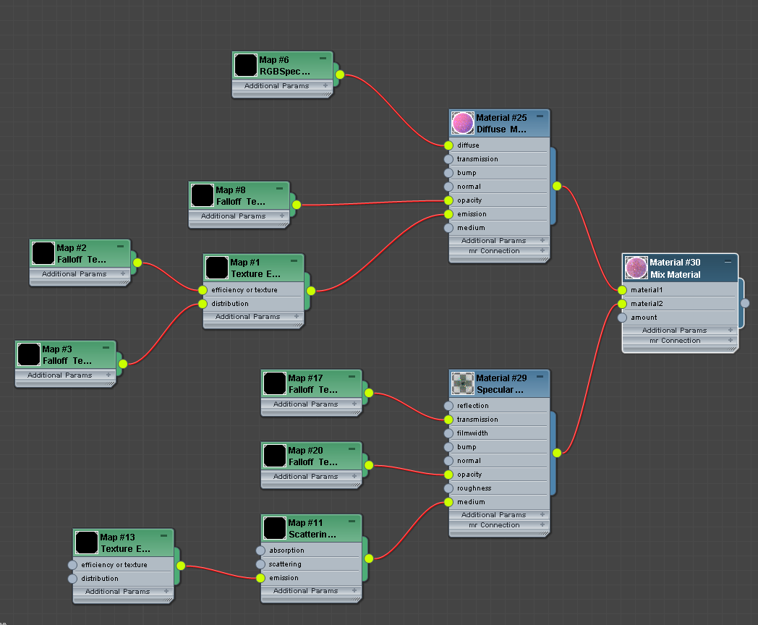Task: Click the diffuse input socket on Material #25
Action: click(448, 145)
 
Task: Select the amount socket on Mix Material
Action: click(622, 318)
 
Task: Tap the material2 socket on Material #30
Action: click(622, 304)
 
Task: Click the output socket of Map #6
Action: click(340, 75)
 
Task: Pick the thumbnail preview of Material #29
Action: click(463, 383)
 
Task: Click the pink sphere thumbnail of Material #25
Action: click(463, 123)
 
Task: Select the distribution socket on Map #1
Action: click(203, 304)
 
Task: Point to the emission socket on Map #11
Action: click(260, 578)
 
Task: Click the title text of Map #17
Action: click(305, 378)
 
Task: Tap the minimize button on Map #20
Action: click(352, 448)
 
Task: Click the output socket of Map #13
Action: click(181, 566)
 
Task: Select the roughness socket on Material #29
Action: click(448, 488)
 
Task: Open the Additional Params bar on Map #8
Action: click(233, 216)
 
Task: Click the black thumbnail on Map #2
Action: click(43, 253)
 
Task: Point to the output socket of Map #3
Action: click(123, 364)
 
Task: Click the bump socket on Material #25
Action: click(448, 173)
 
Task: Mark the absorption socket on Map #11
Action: click(260, 550)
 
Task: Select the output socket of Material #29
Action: click(557, 454)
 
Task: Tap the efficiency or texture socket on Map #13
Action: click(72, 565)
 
